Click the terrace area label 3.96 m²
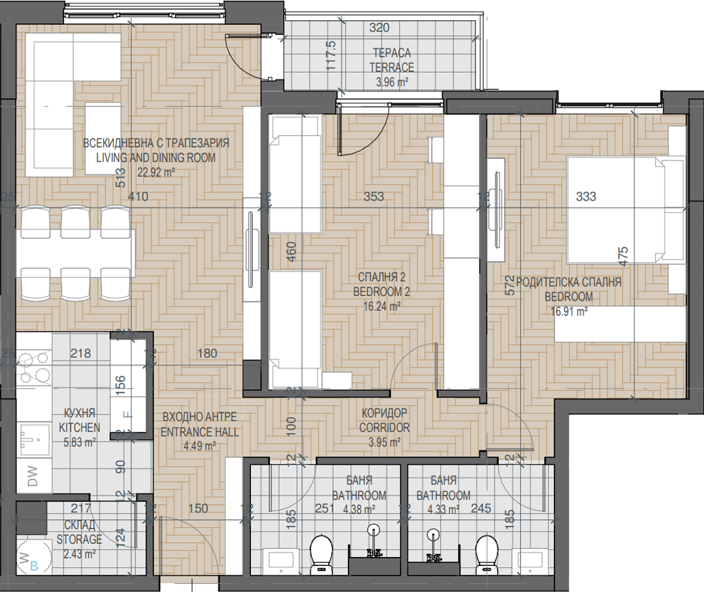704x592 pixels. point(392,82)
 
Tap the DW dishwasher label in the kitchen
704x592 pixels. point(32,476)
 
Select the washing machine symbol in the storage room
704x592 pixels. point(32,557)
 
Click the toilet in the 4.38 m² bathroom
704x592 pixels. point(322,554)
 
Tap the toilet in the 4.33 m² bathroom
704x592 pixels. point(487,554)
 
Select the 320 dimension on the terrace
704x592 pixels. point(379,27)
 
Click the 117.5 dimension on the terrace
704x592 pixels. point(331,55)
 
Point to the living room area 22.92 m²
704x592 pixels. point(156,172)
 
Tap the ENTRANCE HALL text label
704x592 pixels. point(199,432)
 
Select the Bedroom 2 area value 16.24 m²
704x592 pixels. point(382,306)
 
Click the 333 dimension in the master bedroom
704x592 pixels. point(586,196)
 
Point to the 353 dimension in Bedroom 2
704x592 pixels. point(373,196)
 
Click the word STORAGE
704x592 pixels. point(79,539)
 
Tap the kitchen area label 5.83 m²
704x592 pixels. point(80,442)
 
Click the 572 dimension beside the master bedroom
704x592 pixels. point(509,285)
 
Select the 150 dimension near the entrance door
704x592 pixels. point(198,508)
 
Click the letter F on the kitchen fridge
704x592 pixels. point(128,415)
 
